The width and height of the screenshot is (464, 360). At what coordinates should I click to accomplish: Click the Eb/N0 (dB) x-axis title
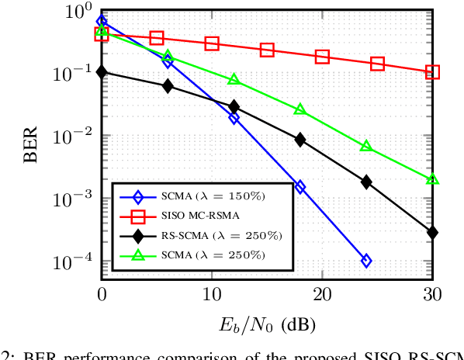coord(266,322)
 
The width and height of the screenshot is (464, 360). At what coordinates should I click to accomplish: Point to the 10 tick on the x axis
coord(212,296)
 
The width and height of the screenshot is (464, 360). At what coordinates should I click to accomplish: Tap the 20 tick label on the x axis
coord(322,296)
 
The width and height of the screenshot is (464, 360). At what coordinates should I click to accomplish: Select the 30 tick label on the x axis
coord(432,296)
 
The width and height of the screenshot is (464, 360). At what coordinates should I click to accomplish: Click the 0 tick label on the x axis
coord(102,296)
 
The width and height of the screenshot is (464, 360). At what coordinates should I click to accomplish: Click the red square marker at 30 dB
coord(432,72)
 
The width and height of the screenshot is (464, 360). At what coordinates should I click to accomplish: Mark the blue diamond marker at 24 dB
coord(366,261)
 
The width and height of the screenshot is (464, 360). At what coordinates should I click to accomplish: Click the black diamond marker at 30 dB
coord(432,232)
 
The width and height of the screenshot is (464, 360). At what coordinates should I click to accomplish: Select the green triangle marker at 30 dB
coord(432,179)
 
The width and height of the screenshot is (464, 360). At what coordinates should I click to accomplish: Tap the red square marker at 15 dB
coord(267,50)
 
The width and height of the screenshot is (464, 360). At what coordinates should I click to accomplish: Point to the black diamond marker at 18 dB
coord(300,140)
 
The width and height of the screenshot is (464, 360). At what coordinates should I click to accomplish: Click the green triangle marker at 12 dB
coord(234,80)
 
